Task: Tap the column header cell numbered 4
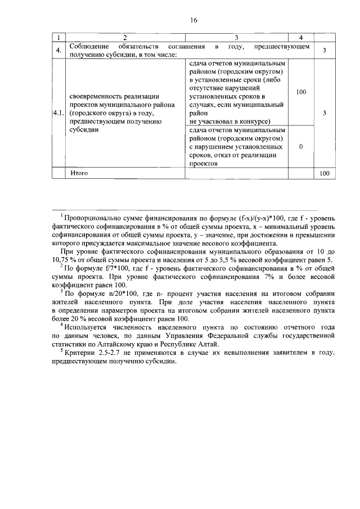point(301,38)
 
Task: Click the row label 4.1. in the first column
point(58,113)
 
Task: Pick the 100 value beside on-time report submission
point(301,91)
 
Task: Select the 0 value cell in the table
point(301,147)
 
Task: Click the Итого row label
point(79,173)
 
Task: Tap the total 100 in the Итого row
point(325,174)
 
